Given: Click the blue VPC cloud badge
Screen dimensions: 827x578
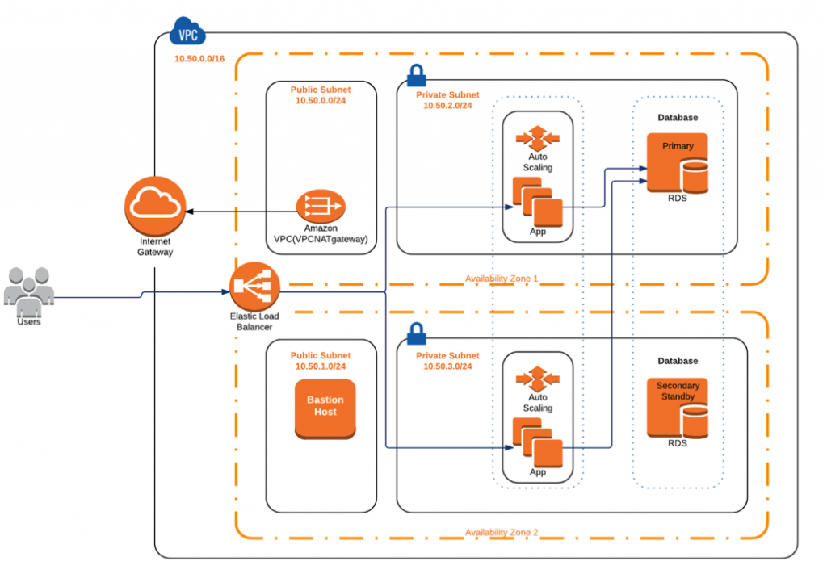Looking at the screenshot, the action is click(x=187, y=31).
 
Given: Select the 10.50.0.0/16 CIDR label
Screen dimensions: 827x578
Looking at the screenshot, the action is click(x=199, y=59).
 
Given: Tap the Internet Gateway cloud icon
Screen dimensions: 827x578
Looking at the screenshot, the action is click(x=155, y=206).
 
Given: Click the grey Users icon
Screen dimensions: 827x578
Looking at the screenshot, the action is click(x=29, y=291).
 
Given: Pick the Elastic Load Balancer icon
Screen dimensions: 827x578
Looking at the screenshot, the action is click(x=254, y=287).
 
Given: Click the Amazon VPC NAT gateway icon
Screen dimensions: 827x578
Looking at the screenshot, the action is click(x=321, y=206).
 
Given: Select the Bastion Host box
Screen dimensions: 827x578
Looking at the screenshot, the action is click(x=325, y=408).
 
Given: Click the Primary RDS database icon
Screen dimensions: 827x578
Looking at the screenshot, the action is click(x=678, y=163).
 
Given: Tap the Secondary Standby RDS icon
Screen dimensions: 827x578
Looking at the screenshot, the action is click(x=678, y=408).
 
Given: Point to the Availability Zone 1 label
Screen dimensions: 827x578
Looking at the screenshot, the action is click(x=502, y=279).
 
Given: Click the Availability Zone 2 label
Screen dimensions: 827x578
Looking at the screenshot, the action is click(x=502, y=532).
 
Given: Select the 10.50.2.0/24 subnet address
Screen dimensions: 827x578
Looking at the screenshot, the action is click(x=447, y=106).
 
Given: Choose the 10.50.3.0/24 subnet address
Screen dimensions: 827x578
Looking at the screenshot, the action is click(x=447, y=366).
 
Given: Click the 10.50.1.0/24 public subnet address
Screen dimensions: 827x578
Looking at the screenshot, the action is click(x=321, y=366).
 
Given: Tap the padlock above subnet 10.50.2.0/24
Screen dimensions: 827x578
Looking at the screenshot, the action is click(x=417, y=75).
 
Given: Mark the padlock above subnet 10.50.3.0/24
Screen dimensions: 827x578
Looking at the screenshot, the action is click(x=417, y=334).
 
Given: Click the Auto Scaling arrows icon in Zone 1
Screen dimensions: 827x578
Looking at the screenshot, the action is click(x=537, y=138).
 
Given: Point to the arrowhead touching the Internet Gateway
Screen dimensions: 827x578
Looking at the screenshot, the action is click(x=189, y=212).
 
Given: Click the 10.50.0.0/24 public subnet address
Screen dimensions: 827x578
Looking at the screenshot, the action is click(x=321, y=100).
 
